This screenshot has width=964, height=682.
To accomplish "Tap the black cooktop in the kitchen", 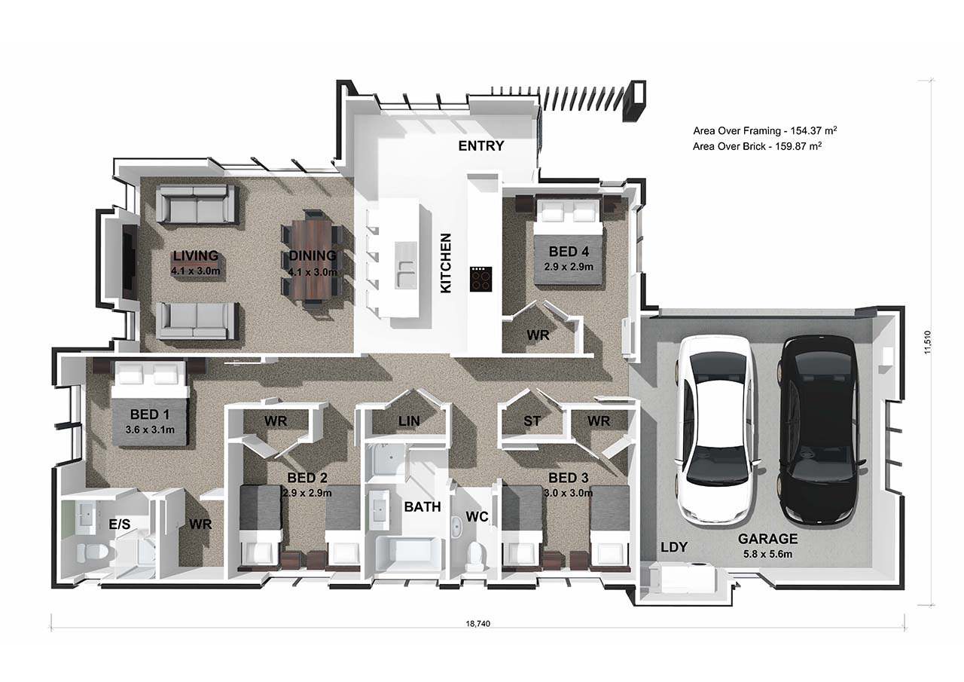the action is pos(480,279).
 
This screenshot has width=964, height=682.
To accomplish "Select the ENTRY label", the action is pos(480,146).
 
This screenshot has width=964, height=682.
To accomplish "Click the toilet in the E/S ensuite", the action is pos(91,552).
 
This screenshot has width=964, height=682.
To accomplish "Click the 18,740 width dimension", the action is pos(477,623).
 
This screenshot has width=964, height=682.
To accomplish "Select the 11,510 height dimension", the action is pos(927,342).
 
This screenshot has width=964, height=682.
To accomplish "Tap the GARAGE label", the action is pos(767,539).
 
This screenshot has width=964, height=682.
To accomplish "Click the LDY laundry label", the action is pos(674,547).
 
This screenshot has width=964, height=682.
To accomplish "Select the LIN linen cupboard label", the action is pos(409,421).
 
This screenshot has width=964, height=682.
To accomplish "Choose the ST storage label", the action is pos(532,421).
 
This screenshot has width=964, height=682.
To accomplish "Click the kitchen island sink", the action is pos(406,265).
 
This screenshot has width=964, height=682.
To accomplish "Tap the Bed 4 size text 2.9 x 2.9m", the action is pos(569,267).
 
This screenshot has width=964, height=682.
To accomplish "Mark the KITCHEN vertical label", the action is pos(446,263).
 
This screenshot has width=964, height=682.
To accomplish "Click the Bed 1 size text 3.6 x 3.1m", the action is pos(150,430).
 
